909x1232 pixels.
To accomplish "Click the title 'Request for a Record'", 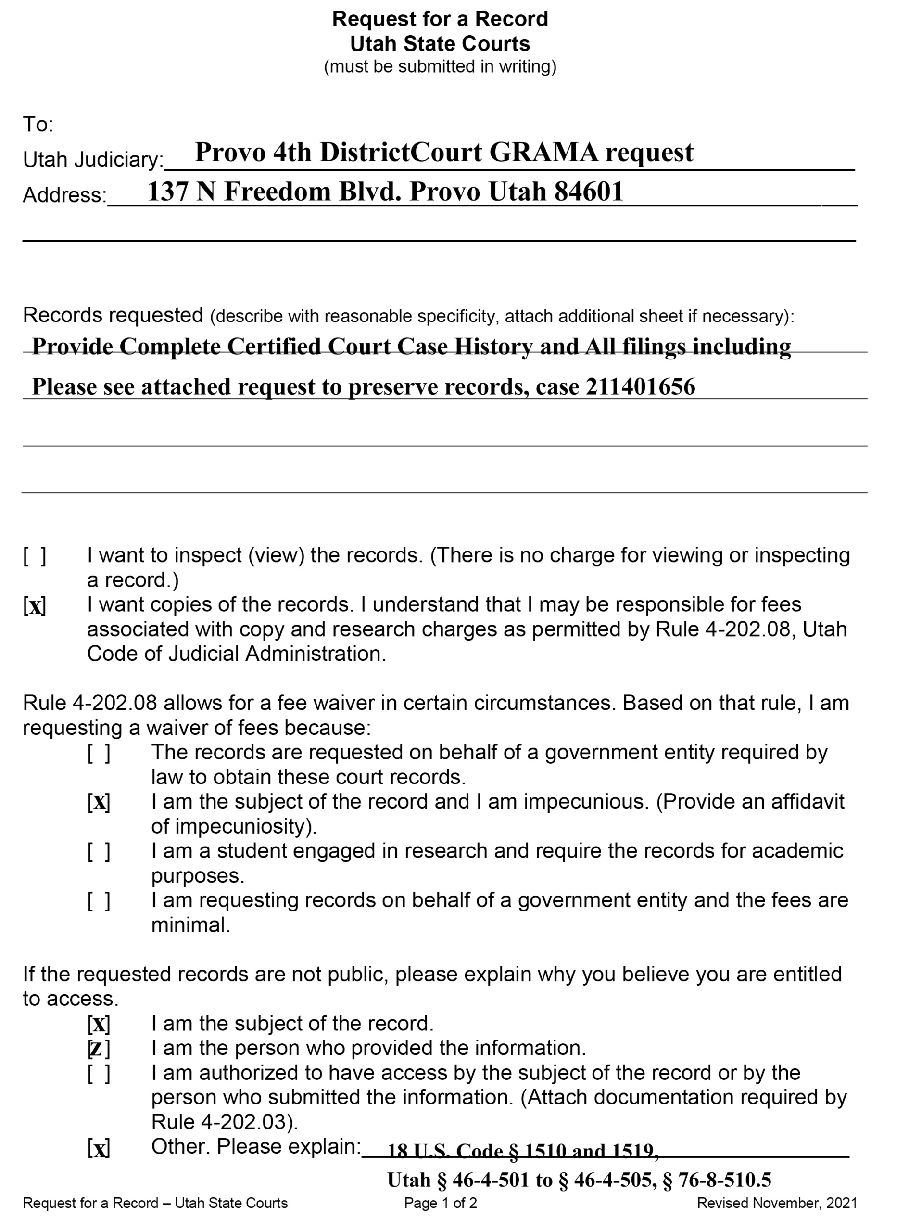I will pos(440,19).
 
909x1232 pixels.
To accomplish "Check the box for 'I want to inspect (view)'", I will pos(35,556).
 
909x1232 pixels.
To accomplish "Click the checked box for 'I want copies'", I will pos(35,605).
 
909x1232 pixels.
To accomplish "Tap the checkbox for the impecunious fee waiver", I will pos(99,802).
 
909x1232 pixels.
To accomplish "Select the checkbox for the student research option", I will pos(99,852).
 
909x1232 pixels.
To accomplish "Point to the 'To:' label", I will pos(38,125).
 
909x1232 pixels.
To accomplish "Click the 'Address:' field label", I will pos(64,195).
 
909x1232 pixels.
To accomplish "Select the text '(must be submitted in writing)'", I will pos(440,66).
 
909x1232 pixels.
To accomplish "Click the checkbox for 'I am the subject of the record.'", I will pos(99,1024).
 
